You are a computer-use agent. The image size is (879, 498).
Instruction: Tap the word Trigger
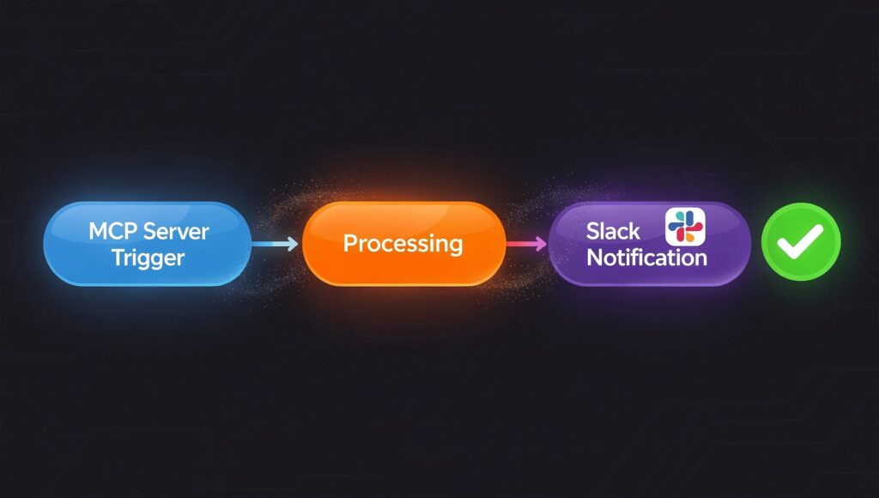click(147, 258)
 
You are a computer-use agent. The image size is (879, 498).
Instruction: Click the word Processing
click(403, 243)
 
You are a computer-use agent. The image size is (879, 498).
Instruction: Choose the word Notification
click(646, 257)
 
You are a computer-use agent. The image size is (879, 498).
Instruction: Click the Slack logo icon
click(685, 226)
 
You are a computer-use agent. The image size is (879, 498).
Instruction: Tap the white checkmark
click(800, 242)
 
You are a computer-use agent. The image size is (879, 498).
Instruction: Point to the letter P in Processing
click(349, 243)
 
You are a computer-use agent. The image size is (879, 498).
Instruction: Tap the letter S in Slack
click(593, 230)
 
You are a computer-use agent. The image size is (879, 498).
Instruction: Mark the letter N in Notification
click(593, 257)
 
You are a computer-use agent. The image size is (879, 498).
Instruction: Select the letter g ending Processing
click(455, 246)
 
